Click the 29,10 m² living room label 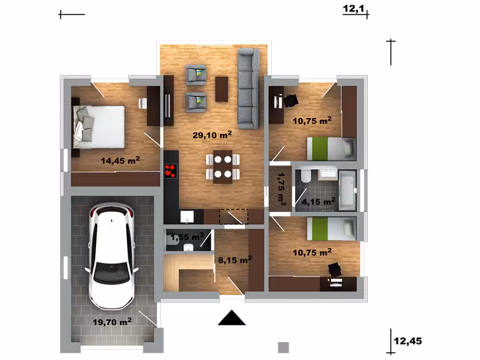coord(212,134)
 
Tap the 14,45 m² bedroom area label coord(121,160)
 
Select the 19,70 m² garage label coord(112,322)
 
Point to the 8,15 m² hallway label coord(235,260)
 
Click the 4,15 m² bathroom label coord(319,202)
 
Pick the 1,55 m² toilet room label coord(187,237)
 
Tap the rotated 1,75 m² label coord(281,189)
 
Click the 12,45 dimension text coord(408,341)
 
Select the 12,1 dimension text coord(353,8)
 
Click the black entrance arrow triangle coord(232,318)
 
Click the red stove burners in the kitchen coord(171,171)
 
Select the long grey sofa coord(248,88)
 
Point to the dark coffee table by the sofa coord(221,89)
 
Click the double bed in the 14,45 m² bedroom coord(98,127)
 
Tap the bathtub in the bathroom coord(347,190)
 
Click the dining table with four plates coord(223,167)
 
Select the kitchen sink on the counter coord(187,217)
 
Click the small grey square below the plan coord(283,347)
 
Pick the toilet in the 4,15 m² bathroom coord(305,175)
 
